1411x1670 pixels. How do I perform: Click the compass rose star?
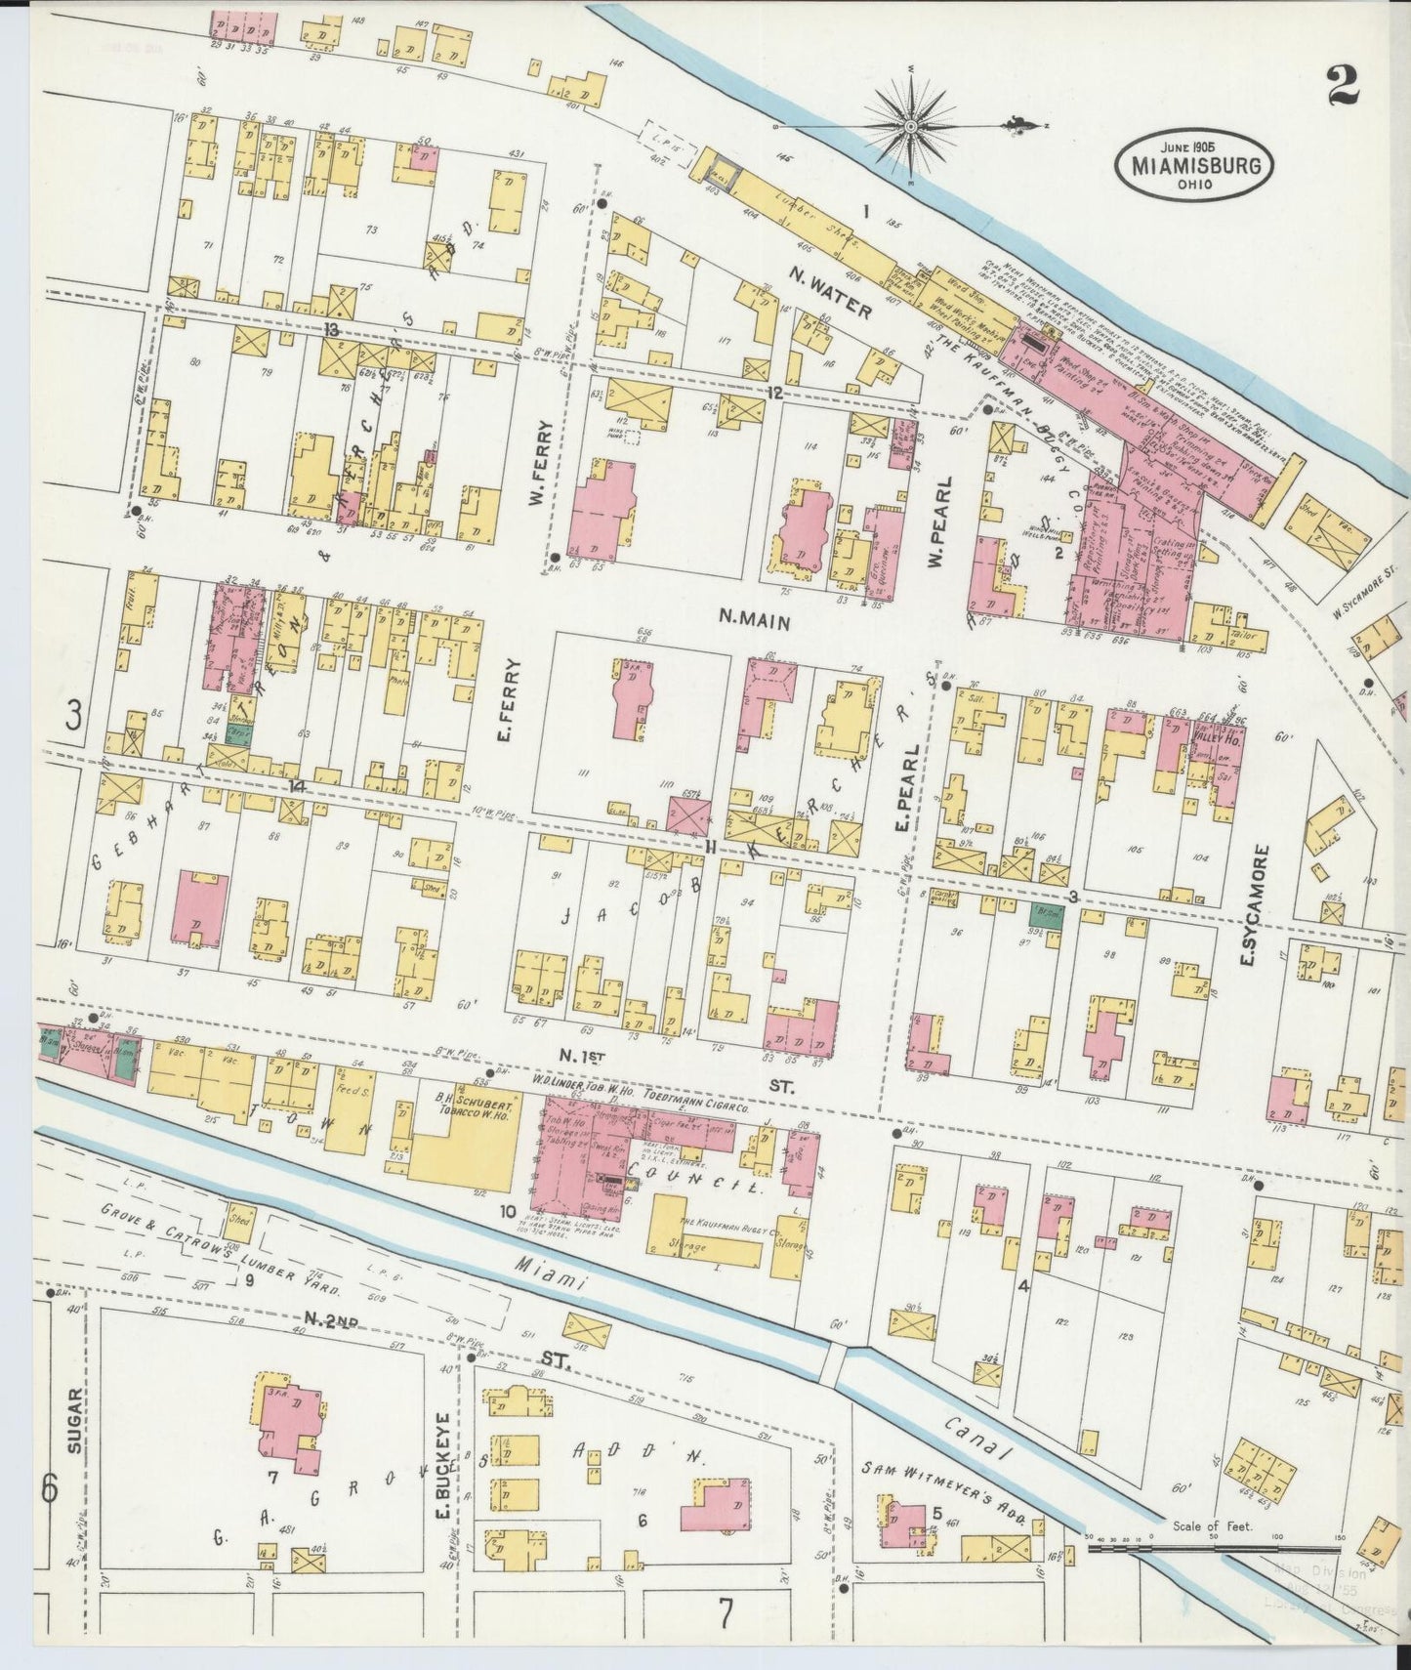point(910,126)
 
